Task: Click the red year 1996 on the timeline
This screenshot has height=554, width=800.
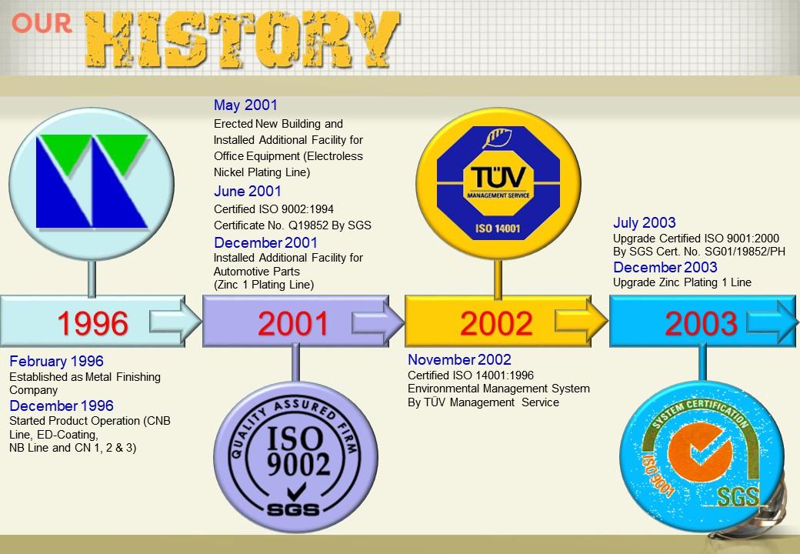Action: coord(92,323)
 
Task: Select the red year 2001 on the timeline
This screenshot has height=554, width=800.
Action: coord(293,323)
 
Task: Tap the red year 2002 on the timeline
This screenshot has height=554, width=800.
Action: coord(496,323)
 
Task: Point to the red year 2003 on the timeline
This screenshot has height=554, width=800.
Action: coord(701,323)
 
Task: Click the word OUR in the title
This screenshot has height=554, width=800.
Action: coord(42,23)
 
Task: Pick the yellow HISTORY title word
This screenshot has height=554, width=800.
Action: coord(242,39)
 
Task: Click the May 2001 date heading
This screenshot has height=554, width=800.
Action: coord(245,105)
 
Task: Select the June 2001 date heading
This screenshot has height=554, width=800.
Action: coord(248,192)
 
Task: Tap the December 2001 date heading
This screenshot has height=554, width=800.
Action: coord(265,242)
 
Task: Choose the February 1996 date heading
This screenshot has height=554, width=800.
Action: coord(56,361)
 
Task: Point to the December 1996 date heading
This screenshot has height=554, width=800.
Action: coord(62,405)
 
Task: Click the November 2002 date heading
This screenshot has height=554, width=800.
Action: coord(459,359)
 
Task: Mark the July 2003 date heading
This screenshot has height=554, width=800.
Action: coord(645,222)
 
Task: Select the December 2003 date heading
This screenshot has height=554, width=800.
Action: coord(665,267)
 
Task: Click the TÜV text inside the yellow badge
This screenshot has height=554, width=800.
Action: coord(498,177)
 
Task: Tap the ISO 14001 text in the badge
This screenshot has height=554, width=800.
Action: coord(498,228)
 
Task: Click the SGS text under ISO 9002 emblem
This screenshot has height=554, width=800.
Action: coord(293,509)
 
